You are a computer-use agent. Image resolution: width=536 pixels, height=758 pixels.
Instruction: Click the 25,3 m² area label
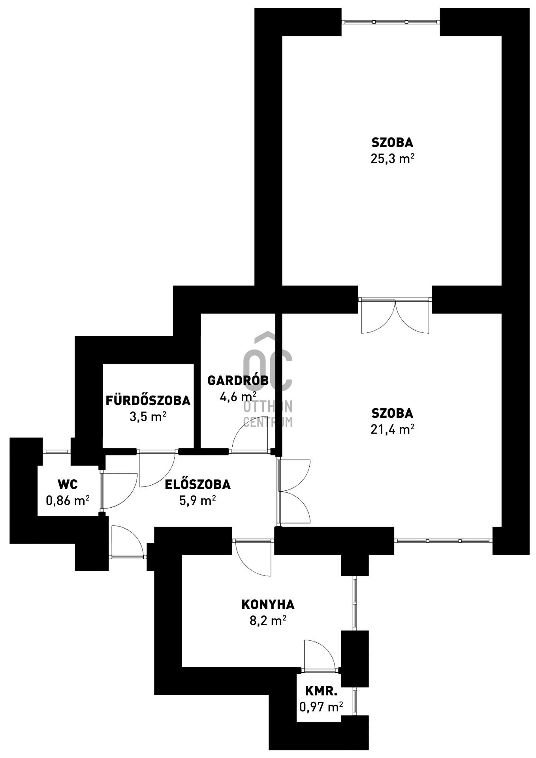(392, 158)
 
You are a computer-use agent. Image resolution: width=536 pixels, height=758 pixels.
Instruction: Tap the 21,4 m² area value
(392, 429)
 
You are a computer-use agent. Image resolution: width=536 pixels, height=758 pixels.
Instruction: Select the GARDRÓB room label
(238, 381)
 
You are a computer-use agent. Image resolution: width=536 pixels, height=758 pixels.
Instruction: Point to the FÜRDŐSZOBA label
(148, 400)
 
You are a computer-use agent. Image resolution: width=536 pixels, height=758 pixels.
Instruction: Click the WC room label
(68, 484)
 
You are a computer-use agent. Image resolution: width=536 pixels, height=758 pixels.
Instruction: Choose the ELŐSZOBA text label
(197, 484)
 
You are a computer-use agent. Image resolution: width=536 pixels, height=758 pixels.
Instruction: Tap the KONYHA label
(268, 604)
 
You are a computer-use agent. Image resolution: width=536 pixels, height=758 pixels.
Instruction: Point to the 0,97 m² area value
(321, 707)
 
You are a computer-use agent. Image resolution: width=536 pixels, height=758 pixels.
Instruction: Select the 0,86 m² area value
(68, 501)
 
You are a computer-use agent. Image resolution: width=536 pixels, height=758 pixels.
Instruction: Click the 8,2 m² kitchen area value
(268, 621)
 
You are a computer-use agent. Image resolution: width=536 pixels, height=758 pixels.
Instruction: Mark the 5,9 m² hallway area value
(197, 501)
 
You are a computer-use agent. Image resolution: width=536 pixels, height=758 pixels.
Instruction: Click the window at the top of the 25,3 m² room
(391, 22)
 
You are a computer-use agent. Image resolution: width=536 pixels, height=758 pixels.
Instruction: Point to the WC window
(56, 452)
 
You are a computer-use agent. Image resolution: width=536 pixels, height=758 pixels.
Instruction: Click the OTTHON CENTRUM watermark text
(268, 414)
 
